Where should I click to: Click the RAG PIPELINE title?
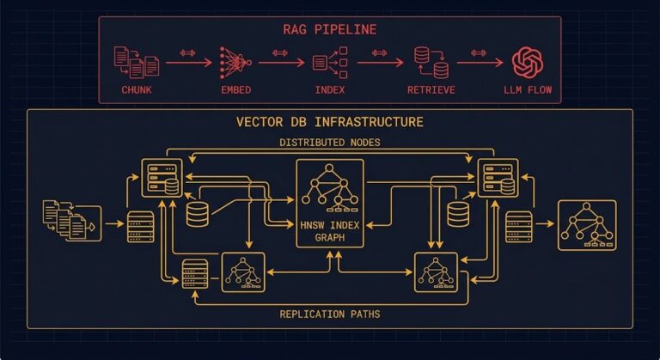click(330, 29)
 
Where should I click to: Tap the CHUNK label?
click(137, 89)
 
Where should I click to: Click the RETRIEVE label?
click(430, 89)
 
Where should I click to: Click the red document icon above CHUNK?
click(137, 61)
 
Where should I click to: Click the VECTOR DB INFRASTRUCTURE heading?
click(330, 122)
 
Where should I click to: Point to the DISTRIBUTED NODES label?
click(330, 142)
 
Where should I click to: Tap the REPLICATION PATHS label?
click(330, 314)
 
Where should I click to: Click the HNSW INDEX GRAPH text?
click(330, 230)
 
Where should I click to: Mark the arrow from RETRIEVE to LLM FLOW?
click(480, 62)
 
